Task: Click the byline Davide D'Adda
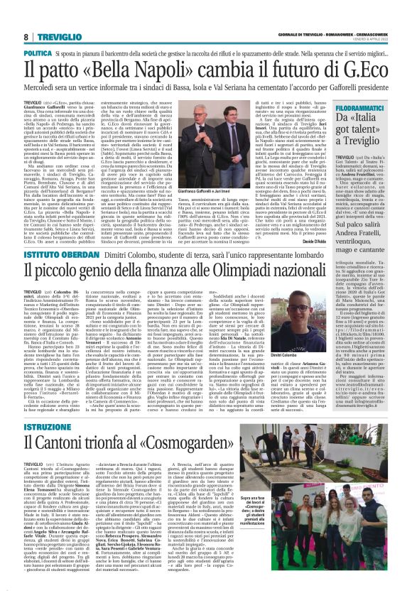tap(294, 240)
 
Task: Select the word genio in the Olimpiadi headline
tap(95, 276)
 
